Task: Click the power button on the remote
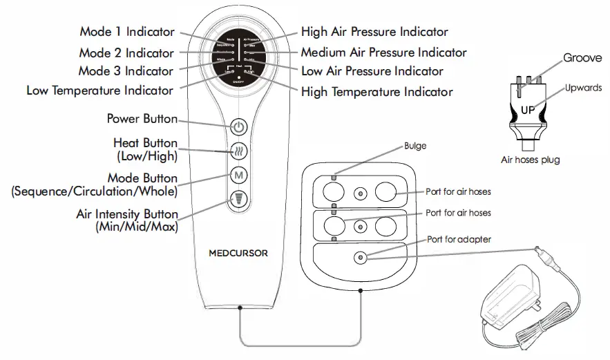click(x=238, y=127)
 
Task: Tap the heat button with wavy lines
click(x=238, y=151)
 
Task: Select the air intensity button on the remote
click(x=238, y=200)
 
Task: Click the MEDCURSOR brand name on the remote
click(x=238, y=254)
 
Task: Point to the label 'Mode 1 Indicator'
click(x=126, y=32)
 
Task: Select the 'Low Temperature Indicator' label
click(x=99, y=90)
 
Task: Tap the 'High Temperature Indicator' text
click(x=377, y=91)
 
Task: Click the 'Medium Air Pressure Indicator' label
click(x=383, y=52)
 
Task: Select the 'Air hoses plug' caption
click(x=530, y=160)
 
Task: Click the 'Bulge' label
click(x=415, y=146)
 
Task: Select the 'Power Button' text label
click(x=142, y=118)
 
